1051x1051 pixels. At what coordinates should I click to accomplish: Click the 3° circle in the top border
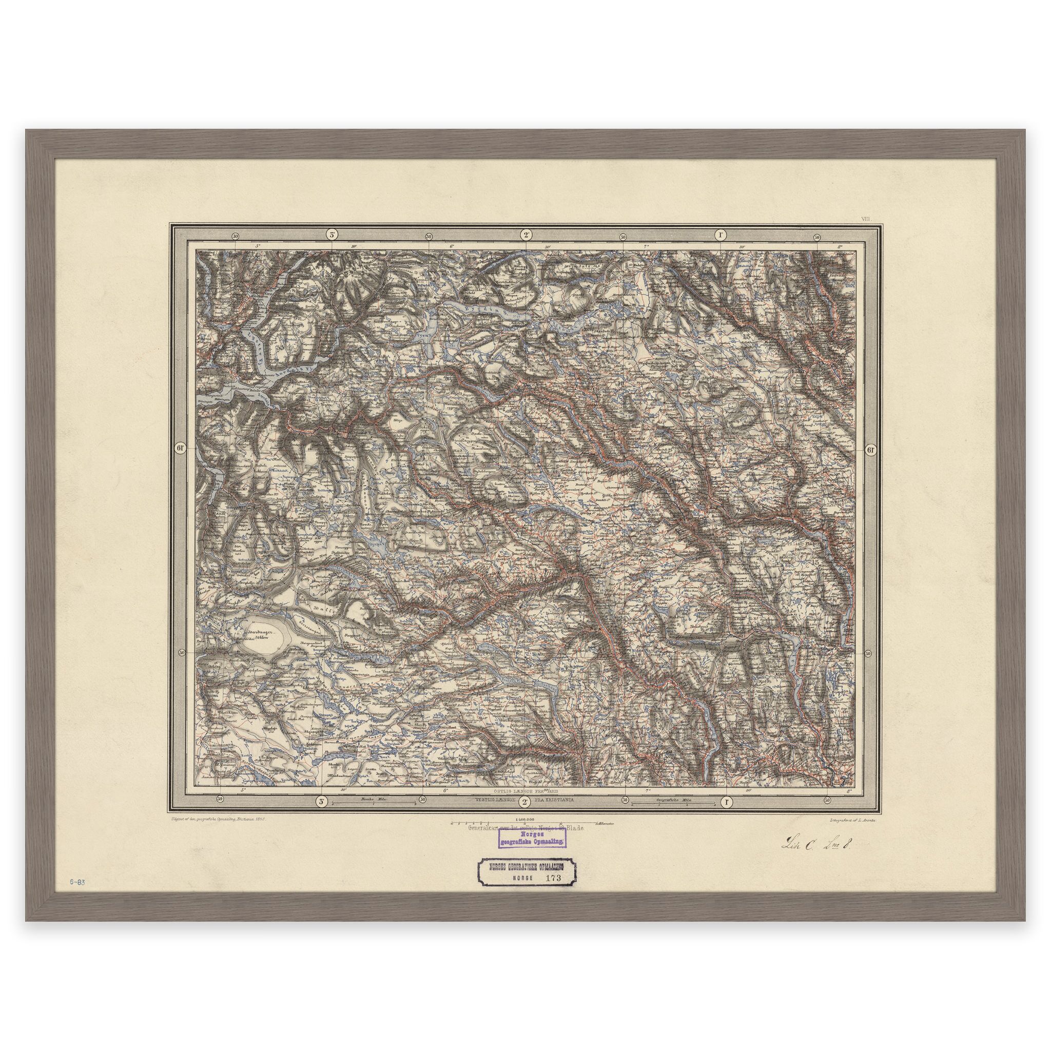tap(332, 235)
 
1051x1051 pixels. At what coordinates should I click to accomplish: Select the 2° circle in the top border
tap(526, 235)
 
